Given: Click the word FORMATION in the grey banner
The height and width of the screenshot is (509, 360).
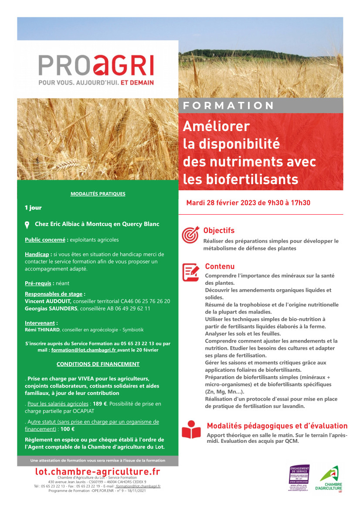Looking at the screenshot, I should [x=228, y=106].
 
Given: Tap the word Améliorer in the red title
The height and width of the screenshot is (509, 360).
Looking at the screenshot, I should [x=216, y=126].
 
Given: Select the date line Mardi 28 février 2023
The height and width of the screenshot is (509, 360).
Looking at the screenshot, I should [x=248, y=203].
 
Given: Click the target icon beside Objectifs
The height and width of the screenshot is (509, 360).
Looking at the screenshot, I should [x=190, y=235].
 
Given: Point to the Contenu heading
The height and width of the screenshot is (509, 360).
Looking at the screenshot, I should [x=220, y=266].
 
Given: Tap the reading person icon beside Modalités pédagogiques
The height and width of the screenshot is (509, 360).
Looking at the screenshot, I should [x=191, y=429].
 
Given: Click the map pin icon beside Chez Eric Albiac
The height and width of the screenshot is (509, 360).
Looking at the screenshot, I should [x=27, y=225].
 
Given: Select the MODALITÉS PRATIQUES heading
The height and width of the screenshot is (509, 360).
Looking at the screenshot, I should [x=98, y=194].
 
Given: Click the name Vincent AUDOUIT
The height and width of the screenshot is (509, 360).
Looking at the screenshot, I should [x=48, y=301].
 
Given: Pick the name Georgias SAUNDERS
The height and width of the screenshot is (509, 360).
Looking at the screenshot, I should [x=51, y=309].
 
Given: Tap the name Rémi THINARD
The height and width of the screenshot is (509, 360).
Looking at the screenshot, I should [x=43, y=330].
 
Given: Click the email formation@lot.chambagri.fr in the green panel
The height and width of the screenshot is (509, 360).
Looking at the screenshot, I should [x=84, y=350].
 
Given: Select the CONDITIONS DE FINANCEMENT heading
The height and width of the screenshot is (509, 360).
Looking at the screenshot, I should [x=98, y=364].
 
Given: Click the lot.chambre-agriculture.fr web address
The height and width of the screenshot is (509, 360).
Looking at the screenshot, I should [x=98, y=472].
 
